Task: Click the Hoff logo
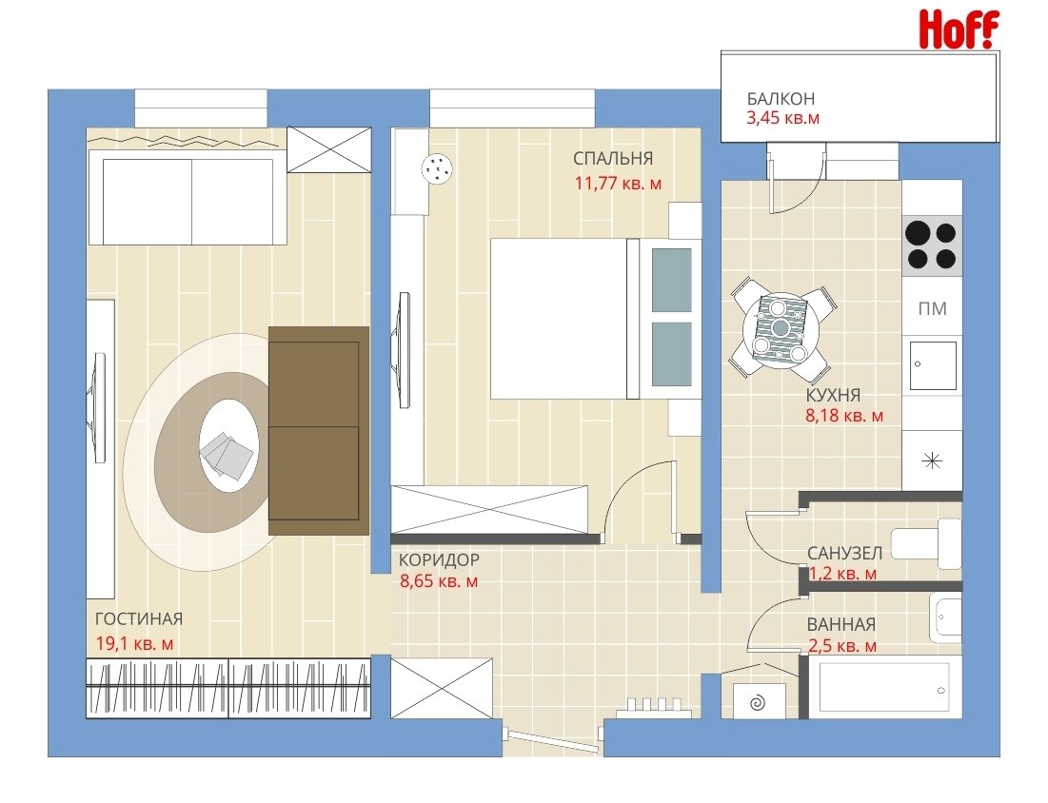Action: [959, 29]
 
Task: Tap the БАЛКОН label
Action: [781, 99]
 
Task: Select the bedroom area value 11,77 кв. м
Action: [619, 183]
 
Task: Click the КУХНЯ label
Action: [833, 394]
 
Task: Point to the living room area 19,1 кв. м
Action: [134, 643]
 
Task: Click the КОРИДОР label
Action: [439, 559]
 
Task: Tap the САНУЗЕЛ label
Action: [845, 553]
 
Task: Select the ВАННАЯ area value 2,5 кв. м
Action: [842, 646]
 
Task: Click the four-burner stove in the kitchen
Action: [932, 245]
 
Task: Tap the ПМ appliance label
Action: [933, 308]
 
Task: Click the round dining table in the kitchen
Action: [780, 328]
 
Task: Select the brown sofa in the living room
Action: [318, 431]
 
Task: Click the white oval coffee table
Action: [228, 445]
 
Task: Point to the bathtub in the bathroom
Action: [884, 687]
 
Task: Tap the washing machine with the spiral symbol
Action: [759, 701]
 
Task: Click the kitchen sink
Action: [933, 365]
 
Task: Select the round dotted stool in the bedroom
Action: [438, 168]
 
